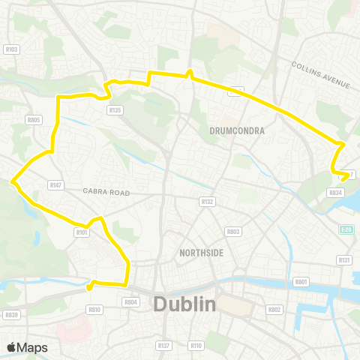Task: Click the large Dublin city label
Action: [184, 304]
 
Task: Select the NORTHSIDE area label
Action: [202, 253]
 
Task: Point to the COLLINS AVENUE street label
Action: [320, 73]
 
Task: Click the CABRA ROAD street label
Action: [106, 193]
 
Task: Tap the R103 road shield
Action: [11, 49]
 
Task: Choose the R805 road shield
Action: [33, 119]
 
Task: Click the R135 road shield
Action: [114, 109]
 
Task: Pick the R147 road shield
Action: [55, 184]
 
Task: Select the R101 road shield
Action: [82, 232]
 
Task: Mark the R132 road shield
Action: [208, 202]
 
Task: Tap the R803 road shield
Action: [233, 232]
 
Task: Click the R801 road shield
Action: [301, 281]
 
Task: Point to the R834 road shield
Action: [335, 193]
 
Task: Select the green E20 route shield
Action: [345, 229]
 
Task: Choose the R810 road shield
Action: [94, 309]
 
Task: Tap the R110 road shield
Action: [196, 345]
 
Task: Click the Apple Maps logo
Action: [27, 347]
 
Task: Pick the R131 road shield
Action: [344, 259]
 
